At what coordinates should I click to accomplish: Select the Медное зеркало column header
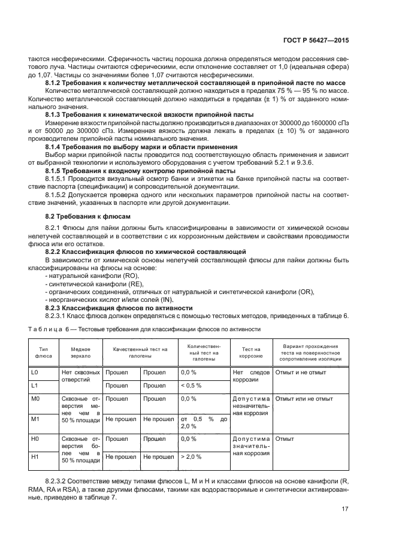pos(80,352)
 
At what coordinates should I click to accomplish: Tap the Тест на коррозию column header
pos(251,352)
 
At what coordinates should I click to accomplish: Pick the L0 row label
pos(35,373)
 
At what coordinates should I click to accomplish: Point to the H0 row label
pos(35,439)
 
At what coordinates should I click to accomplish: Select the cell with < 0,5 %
pos(191,385)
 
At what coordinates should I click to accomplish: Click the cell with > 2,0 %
pos(191,457)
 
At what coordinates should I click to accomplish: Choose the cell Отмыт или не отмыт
pos(304,398)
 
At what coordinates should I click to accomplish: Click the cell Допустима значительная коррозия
pos(251,446)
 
